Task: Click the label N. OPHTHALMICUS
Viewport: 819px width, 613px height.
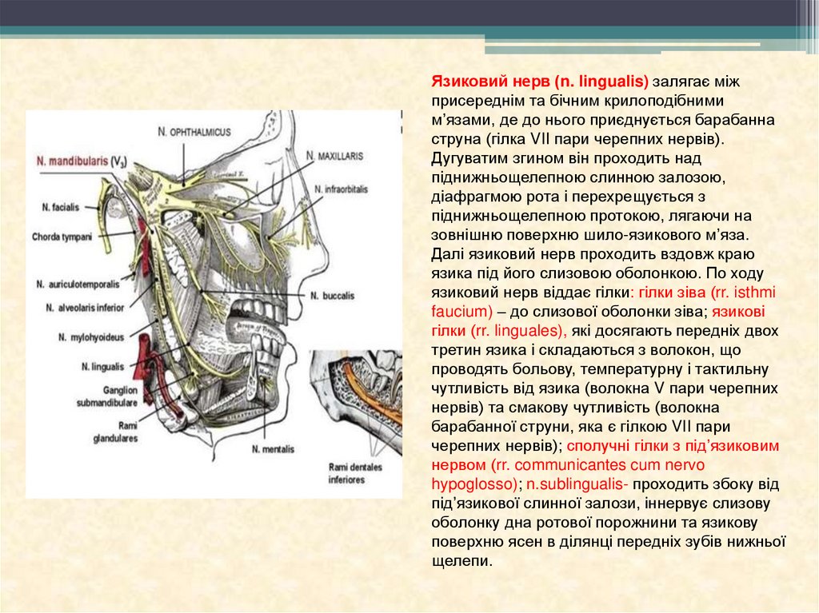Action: (194, 131)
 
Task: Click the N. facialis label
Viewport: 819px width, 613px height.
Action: (61, 207)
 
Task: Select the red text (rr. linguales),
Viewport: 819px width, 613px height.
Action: (521, 331)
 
